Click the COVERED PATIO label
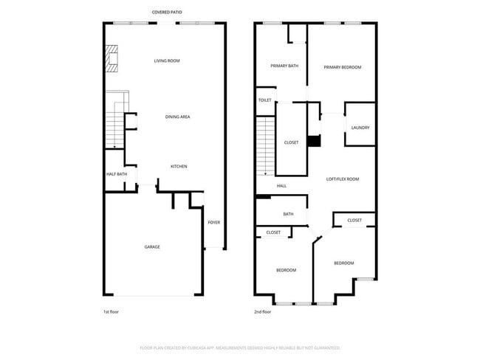167,13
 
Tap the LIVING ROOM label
167,60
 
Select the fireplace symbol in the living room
111,59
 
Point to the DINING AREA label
178,117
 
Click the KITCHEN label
179,166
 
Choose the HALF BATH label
117,174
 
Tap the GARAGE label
152,246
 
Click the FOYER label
213,222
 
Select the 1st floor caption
111,312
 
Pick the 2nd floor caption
263,312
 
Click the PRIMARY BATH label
284,66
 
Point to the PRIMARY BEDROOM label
343,67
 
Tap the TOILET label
264,100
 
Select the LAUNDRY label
360,128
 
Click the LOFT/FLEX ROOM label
343,179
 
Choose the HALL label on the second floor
281,186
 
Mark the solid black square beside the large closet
313,141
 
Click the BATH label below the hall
288,214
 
